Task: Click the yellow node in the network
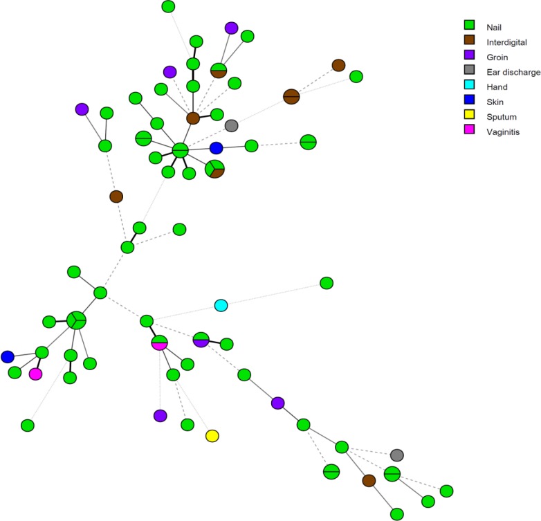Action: pyautogui.click(x=212, y=435)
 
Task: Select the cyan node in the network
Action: pyautogui.click(x=221, y=305)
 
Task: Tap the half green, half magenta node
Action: pyautogui.click(x=160, y=342)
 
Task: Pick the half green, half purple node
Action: pyautogui.click(x=201, y=339)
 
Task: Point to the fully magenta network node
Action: pyautogui.click(x=35, y=374)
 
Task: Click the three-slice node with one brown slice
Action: pyautogui.click(x=215, y=168)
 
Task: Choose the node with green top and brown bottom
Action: pyautogui.click(x=219, y=70)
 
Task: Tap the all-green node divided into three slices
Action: pyautogui.click(x=76, y=320)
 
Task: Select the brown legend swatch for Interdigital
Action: pyautogui.click(x=468, y=42)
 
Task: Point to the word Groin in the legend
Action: pyautogui.click(x=497, y=57)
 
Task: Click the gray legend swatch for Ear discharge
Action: pyautogui.click(x=468, y=71)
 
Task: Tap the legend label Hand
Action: pyautogui.click(x=496, y=86)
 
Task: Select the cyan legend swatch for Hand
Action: pyautogui.click(x=468, y=86)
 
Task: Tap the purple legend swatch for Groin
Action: pyautogui.click(x=468, y=57)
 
